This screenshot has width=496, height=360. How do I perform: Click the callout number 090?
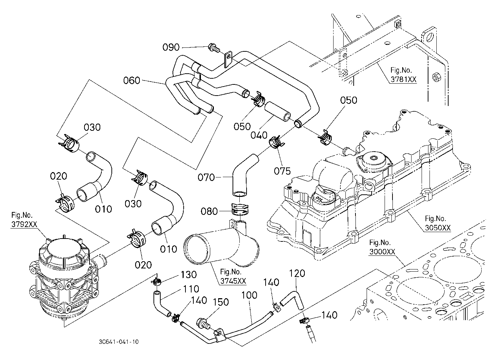[171, 47]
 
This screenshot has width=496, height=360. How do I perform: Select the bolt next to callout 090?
[214, 48]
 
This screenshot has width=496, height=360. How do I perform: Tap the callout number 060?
[132, 80]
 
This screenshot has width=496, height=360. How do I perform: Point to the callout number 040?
[259, 135]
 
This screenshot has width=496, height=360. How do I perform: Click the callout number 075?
[282, 171]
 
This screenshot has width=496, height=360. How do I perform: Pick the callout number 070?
[206, 177]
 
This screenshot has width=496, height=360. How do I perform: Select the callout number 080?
[209, 211]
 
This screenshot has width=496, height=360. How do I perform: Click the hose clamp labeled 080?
[239, 209]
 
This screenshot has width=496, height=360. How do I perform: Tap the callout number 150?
[221, 302]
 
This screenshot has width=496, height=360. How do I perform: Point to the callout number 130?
[189, 274]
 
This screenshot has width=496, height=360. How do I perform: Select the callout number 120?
[297, 273]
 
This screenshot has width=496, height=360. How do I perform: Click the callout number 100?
[249, 295]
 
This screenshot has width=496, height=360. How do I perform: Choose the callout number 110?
[191, 289]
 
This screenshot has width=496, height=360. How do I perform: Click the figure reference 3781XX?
[403, 79]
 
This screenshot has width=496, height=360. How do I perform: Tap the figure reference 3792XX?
[24, 224]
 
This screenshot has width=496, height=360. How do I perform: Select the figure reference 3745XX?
[233, 281]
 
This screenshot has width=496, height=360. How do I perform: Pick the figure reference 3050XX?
[438, 228]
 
